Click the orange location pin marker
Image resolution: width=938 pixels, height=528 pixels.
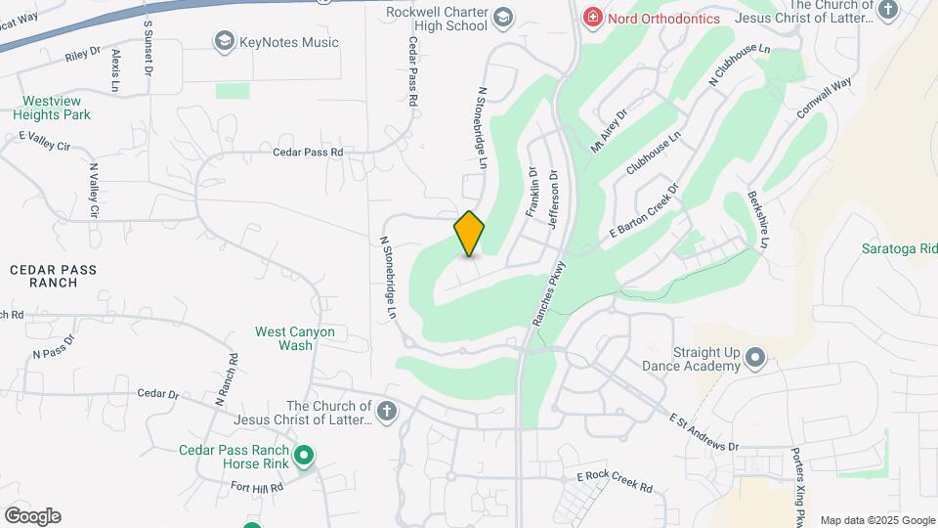tap(469, 234)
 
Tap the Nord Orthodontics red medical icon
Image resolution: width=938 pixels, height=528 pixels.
tap(591, 18)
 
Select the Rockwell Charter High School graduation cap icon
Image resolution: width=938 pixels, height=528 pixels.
tap(502, 17)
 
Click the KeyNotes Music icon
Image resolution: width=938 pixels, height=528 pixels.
tap(224, 41)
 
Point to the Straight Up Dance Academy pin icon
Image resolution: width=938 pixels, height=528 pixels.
tap(754, 358)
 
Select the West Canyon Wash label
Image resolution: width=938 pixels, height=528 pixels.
tap(295, 338)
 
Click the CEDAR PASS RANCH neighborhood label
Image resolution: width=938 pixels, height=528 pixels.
tap(44, 275)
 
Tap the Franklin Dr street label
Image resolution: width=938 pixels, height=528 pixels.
tap(533, 192)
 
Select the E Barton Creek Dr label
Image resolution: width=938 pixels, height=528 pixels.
tap(644, 211)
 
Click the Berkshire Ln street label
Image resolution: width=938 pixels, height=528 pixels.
tap(758, 220)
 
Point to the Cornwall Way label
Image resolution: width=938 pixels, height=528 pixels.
tap(824, 99)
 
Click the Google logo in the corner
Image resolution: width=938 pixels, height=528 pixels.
tap(32, 516)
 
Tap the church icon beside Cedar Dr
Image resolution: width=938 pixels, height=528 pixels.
tap(387, 412)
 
